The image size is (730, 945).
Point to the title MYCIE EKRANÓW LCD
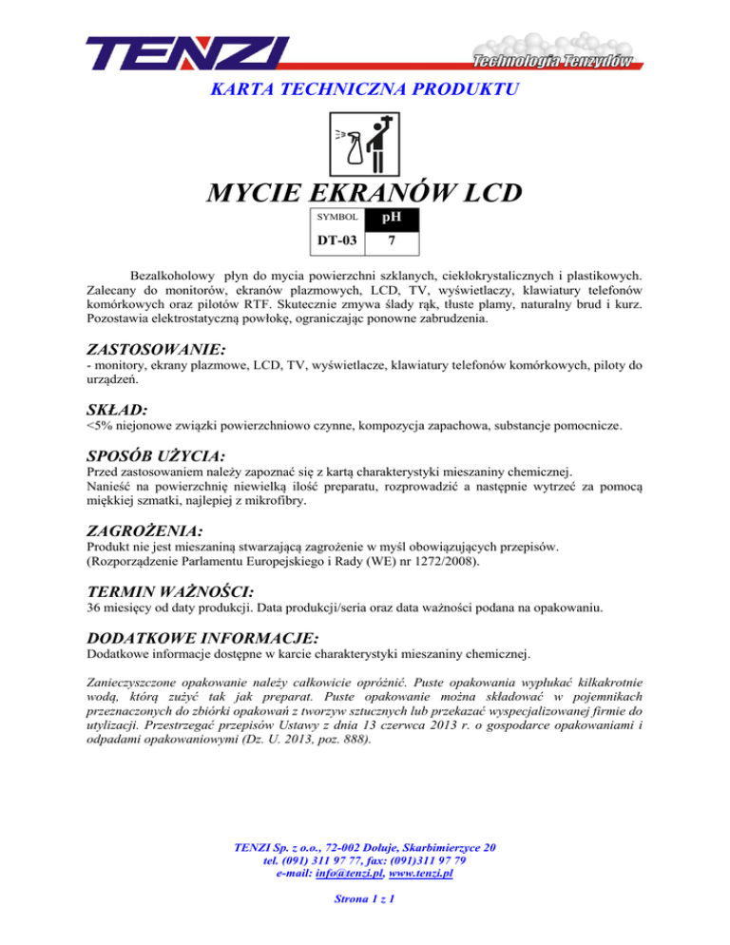pos(365,194)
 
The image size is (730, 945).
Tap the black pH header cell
pos(392,218)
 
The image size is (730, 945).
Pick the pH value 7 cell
pos(392,241)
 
